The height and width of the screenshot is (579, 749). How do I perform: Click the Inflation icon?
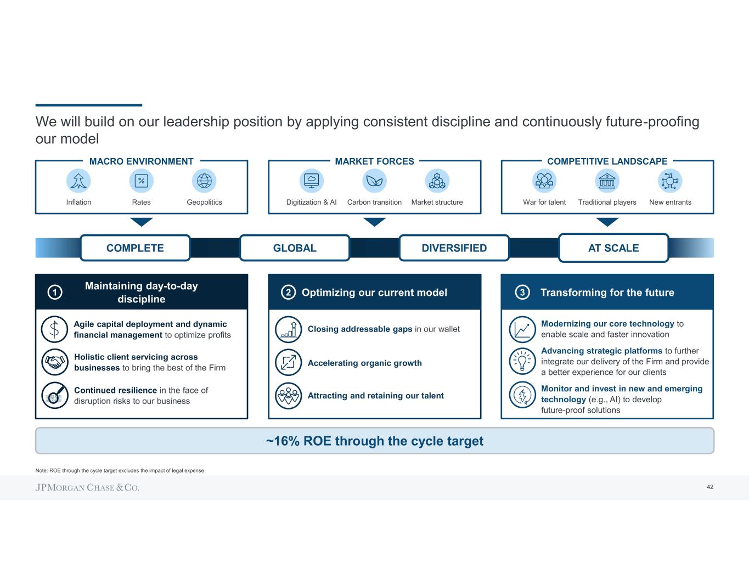click(x=78, y=181)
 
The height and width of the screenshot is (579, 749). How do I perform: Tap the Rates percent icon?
click(x=142, y=181)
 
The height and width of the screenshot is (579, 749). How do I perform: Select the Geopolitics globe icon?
click(x=204, y=181)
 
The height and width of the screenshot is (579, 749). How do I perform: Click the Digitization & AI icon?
click(x=312, y=181)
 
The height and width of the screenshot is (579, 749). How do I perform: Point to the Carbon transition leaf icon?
click(x=375, y=181)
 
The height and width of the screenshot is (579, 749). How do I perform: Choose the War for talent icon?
click(x=544, y=181)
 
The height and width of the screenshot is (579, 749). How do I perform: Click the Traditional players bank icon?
click(x=607, y=181)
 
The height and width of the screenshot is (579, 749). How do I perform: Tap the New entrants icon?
click(x=670, y=181)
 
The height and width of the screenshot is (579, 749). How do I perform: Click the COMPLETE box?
click(x=135, y=248)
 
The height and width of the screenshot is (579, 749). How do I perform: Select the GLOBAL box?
click(x=295, y=248)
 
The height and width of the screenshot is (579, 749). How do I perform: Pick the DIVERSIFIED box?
click(x=454, y=248)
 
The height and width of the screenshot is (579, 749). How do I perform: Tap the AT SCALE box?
click(x=613, y=248)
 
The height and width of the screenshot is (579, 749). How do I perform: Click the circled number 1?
click(x=55, y=293)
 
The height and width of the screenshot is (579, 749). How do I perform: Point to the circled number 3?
click(x=522, y=293)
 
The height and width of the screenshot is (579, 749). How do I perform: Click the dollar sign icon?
click(x=54, y=329)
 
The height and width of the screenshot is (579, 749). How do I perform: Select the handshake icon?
click(x=54, y=362)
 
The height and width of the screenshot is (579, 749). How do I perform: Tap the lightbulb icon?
click(x=522, y=361)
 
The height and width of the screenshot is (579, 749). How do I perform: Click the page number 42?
click(x=710, y=487)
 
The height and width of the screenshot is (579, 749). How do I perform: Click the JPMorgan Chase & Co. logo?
click(x=87, y=487)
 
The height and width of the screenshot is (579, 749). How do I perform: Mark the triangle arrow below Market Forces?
click(x=375, y=222)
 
